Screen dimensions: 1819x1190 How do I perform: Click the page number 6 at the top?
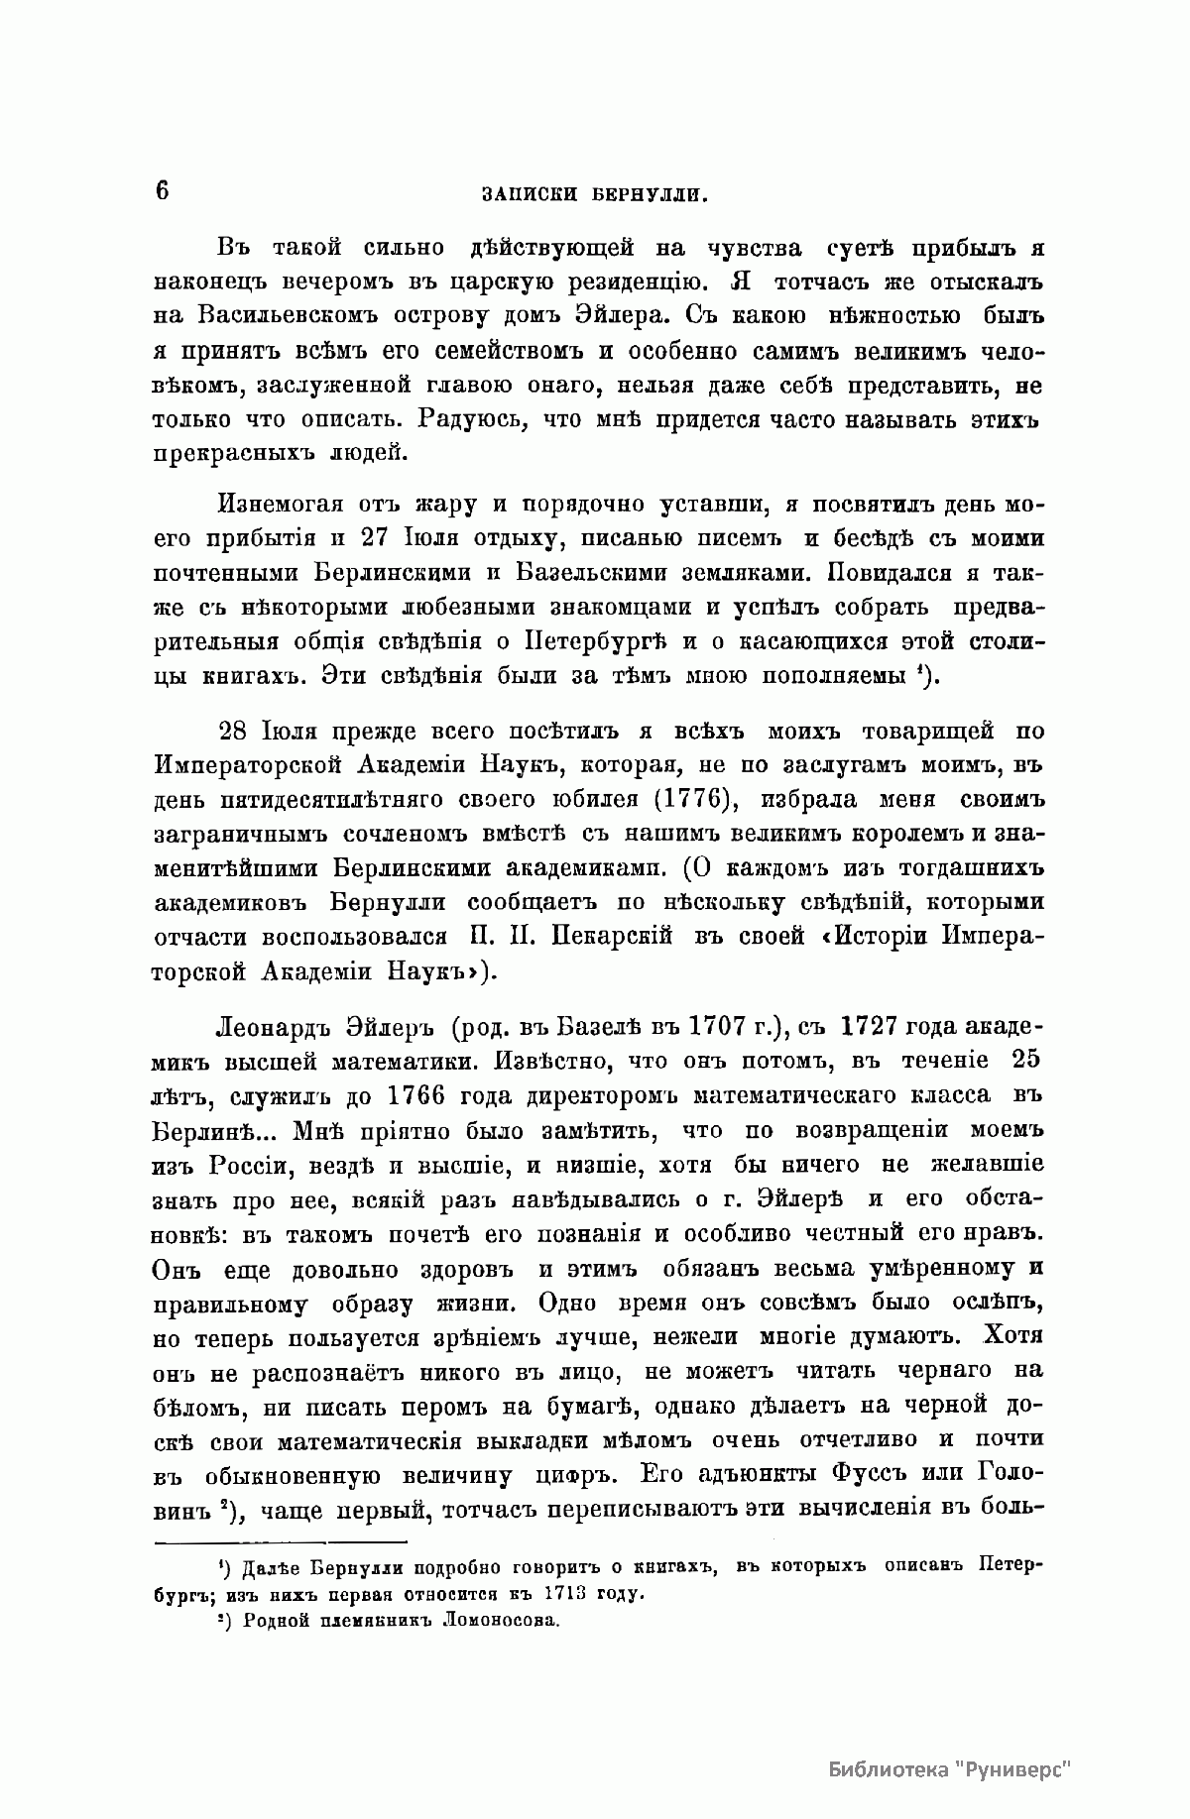click(161, 189)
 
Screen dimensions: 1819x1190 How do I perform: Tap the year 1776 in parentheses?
click(692, 798)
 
